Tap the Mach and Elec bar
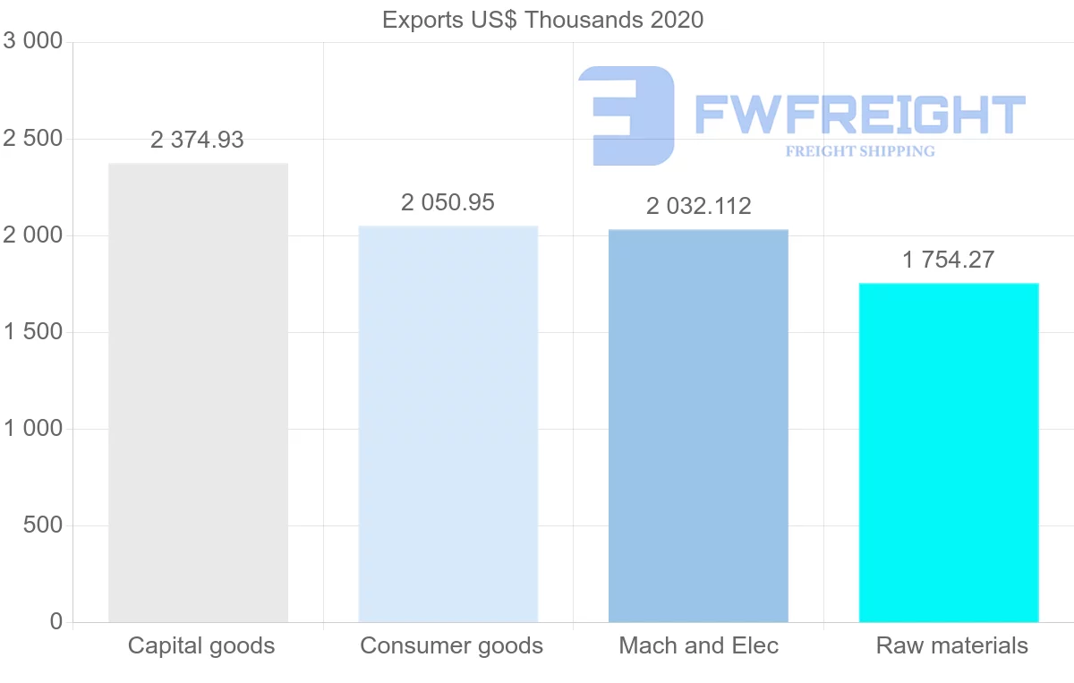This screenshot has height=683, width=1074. coord(698,425)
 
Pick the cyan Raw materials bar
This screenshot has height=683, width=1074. coord(949,452)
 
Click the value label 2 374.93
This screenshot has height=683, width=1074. coord(197,140)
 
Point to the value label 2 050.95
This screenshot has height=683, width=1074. coord(447,202)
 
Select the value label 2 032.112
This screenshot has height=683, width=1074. coord(699,206)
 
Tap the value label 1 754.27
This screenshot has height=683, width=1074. coord(949,260)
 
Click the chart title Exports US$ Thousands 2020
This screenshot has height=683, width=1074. coord(542,20)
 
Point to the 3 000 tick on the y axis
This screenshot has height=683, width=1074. coord(33,41)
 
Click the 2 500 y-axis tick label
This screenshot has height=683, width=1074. coord(33,139)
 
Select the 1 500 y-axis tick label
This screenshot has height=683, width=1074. coord(33,332)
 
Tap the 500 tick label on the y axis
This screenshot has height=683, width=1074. coord(42,525)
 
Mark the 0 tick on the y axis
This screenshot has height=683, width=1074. coord(56,621)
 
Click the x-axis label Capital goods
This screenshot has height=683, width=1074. coord(201,645)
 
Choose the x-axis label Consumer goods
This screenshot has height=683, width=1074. coord(451,645)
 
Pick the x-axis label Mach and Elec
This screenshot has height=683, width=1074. coord(699,645)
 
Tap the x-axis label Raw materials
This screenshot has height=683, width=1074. coord(952,645)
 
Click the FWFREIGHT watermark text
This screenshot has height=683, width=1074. coord(859,115)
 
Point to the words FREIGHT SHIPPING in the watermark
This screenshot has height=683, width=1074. coord(860,151)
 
